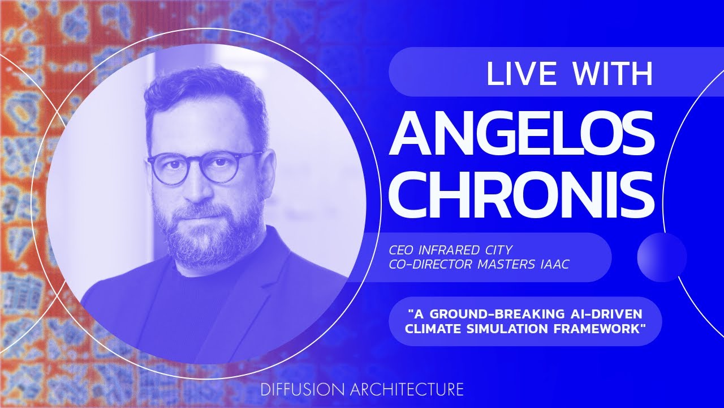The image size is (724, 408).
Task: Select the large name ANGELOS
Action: point(521,133)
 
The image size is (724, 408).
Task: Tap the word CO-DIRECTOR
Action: point(430,265)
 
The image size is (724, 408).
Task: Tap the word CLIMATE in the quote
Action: point(433,329)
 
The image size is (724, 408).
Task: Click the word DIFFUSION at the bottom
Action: point(302,389)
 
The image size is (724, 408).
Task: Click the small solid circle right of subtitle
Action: point(662,257)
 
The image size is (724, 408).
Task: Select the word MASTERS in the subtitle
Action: point(506,265)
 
